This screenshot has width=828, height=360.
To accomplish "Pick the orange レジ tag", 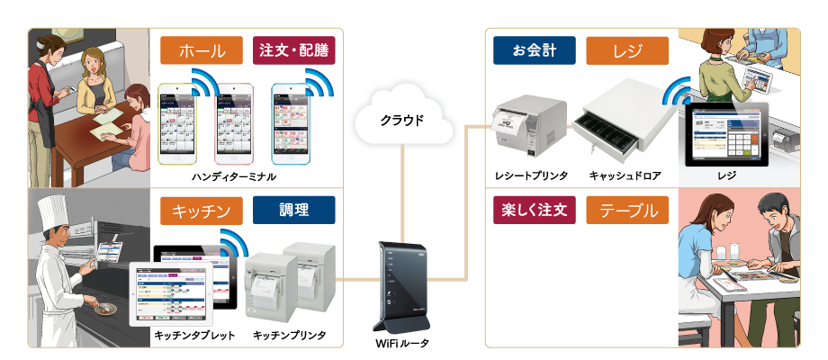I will click(627, 50).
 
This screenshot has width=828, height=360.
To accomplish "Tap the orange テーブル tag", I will click(627, 211).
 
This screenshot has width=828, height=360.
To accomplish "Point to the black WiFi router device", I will click(401, 286).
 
